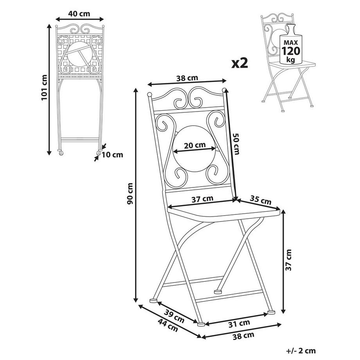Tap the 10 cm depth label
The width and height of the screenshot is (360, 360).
[112, 155]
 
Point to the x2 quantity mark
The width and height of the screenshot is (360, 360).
[240, 63]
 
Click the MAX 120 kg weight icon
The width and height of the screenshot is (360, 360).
[290, 48]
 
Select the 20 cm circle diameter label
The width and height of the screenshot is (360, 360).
[195, 145]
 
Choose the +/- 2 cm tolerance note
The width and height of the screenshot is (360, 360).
[301, 351]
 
